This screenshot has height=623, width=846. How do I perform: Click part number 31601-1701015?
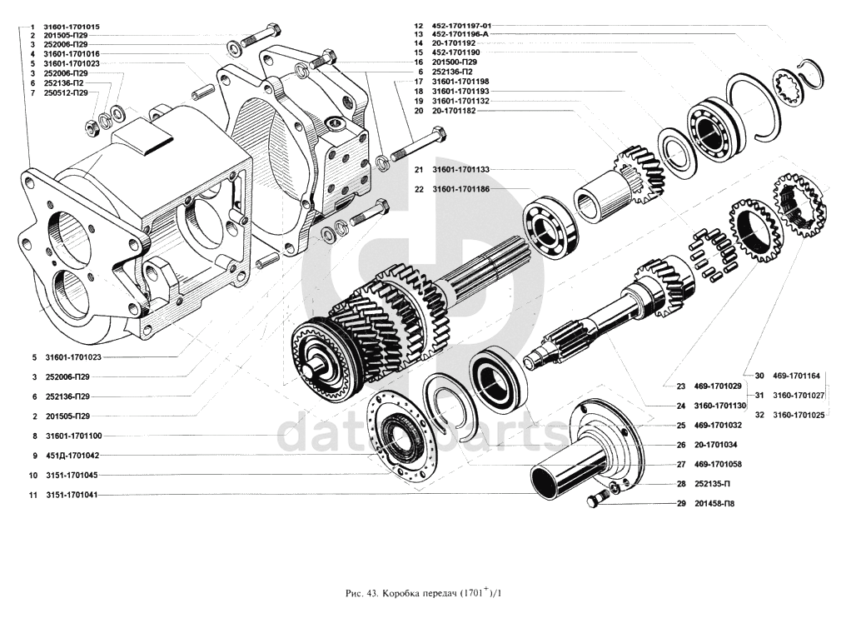pos(72,27)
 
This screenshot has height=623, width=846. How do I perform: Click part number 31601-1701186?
pos(460,189)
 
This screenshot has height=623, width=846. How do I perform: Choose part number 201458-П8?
pos(715,504)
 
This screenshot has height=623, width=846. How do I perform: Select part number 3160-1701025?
pos(799,414)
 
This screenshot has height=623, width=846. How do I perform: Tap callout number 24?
pos(680,406)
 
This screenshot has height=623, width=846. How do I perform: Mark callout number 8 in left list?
pos(34,436)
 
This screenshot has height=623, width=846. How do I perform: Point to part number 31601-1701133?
pos(460,169)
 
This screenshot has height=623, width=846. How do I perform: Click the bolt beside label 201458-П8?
pos(594,501)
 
